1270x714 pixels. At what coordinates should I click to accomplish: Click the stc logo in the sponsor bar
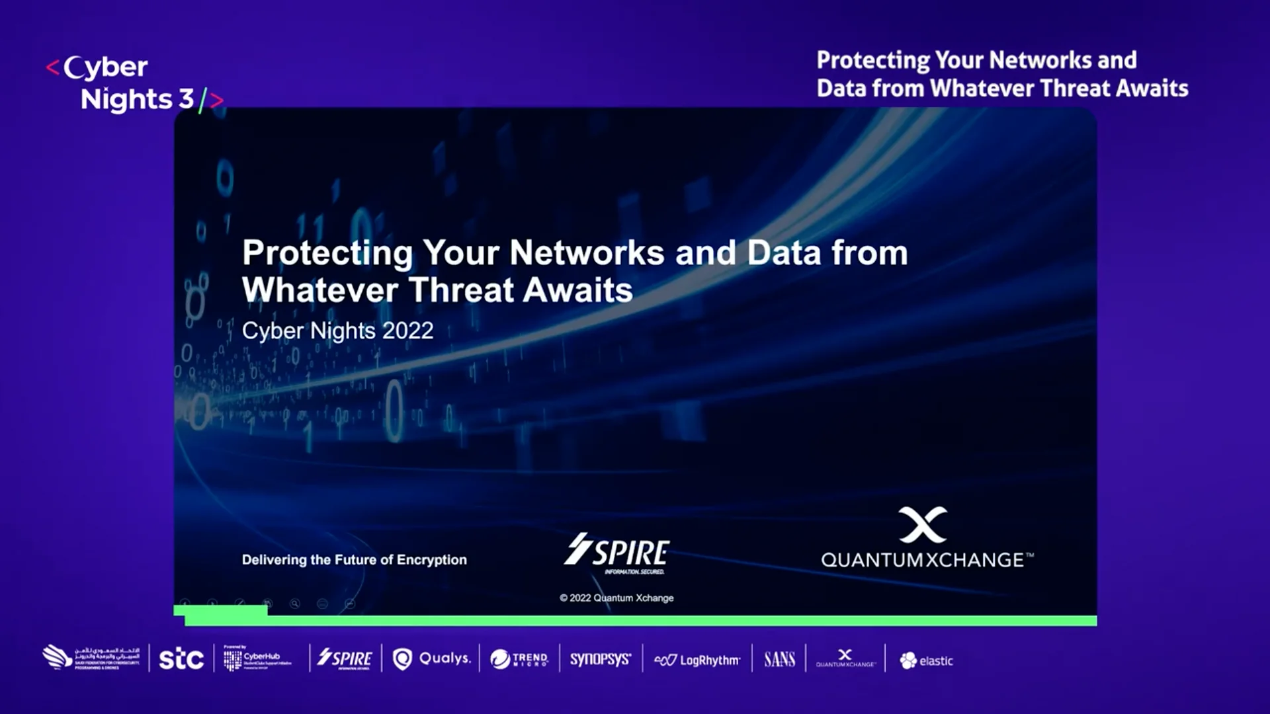[181, 658]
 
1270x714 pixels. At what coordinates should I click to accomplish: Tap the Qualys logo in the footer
[431, 658]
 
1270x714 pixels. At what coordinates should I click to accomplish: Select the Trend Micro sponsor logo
[519, 659]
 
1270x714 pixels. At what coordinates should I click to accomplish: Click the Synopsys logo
[600, 659]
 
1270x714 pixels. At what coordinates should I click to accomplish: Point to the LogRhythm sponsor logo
[697, 660]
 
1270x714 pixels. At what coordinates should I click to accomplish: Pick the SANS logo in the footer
[779, 659]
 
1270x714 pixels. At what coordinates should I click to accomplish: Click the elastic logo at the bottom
[926, 660]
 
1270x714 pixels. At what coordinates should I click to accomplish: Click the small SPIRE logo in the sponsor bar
[345, 658]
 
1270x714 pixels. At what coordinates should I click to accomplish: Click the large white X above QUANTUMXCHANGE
[923, 525]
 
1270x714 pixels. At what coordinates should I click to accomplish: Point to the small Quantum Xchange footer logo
[845, 658]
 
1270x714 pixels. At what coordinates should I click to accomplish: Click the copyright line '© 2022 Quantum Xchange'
[616, 598]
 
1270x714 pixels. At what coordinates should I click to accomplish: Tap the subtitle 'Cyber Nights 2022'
[337, 331]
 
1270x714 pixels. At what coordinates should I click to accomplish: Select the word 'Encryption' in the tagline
[431, 560]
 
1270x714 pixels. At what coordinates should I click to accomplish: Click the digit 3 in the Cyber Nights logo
[186, 99]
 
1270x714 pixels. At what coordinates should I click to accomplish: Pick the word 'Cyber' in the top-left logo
[106, 67]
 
